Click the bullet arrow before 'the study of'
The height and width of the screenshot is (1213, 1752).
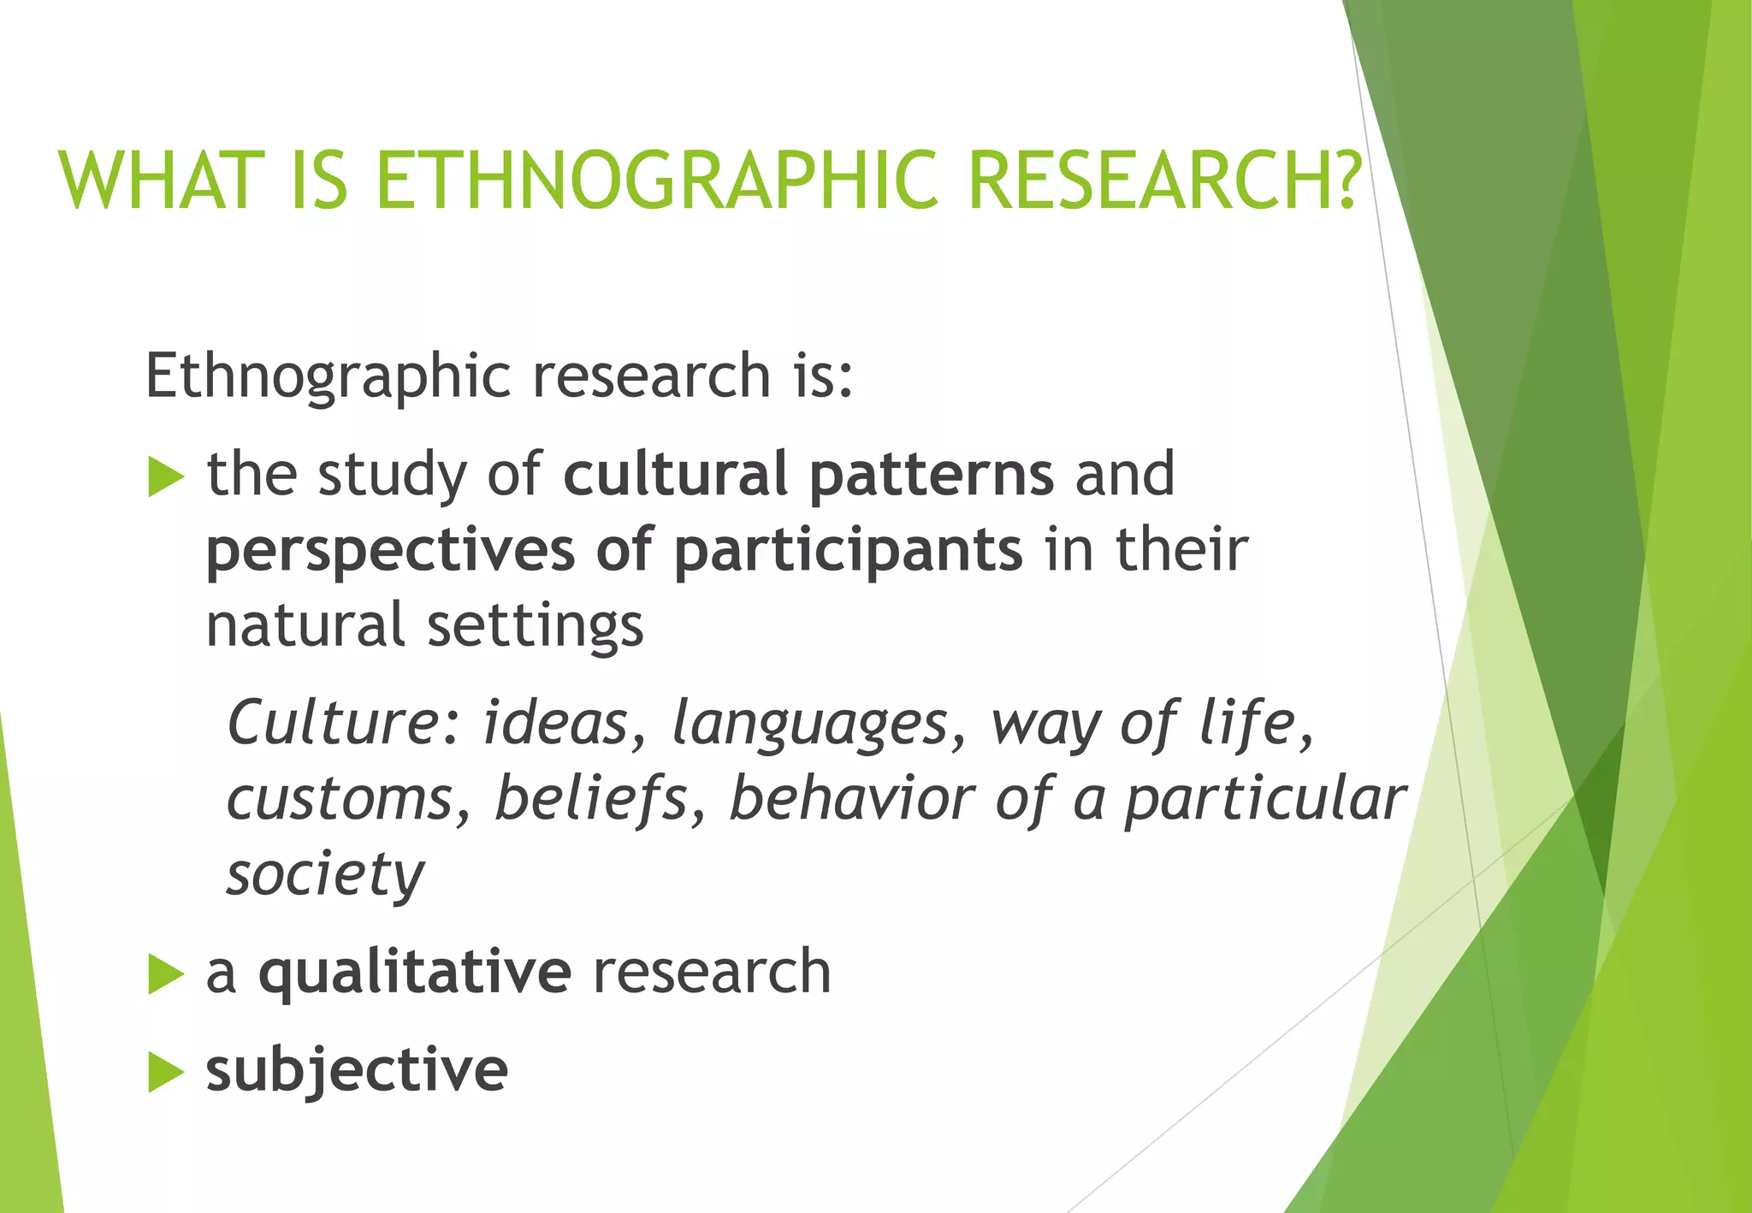[166, 476]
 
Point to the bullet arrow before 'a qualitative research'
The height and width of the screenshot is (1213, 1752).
[166, 974]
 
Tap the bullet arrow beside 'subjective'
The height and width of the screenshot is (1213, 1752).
[166, 1073]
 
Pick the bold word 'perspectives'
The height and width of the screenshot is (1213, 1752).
[390, 551]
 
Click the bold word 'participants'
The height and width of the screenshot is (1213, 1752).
[848, 551]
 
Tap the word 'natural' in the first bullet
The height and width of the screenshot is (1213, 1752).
[305, 624]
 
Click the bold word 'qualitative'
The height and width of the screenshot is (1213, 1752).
[415, 973]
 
